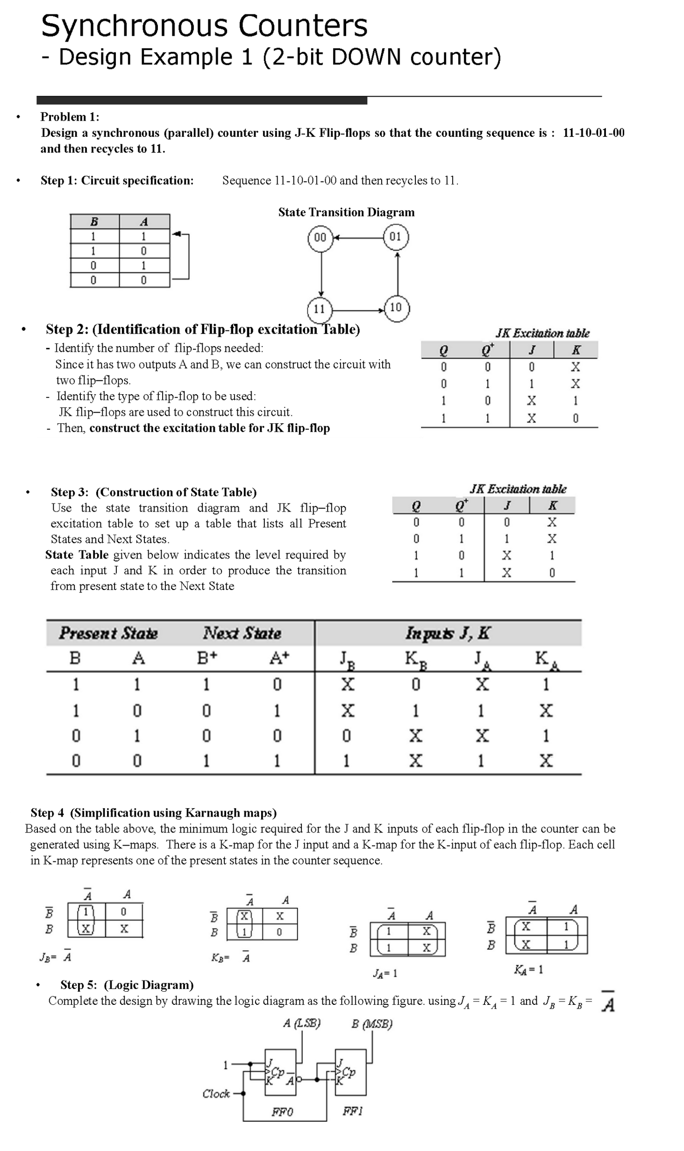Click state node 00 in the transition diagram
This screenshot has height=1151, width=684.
(320, 238)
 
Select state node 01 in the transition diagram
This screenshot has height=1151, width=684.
(396, 237)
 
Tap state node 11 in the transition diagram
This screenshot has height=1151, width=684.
(320, 309)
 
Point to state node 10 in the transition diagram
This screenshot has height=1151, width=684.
(396, 308)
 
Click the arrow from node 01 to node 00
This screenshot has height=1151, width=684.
(358, 238)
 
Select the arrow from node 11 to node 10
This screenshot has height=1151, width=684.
(358, 310)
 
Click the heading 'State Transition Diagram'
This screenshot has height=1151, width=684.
(346, 213)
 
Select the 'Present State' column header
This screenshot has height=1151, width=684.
(108, 633)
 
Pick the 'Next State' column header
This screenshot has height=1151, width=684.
(242, 633)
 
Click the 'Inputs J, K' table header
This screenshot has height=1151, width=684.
(447, 633)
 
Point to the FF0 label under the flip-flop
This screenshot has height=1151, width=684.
(282, 1112)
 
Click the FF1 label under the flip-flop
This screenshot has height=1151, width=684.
(352, 1111)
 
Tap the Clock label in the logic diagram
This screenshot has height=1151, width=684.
(216, 1094)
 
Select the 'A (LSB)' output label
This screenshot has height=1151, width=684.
(301, 1023)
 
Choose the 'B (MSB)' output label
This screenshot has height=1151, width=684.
(372, 1024)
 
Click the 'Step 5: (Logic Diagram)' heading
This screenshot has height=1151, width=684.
(127, 985)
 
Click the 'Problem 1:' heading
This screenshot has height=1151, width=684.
(70, 117)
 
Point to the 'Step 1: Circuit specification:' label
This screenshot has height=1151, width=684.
(117, 181)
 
